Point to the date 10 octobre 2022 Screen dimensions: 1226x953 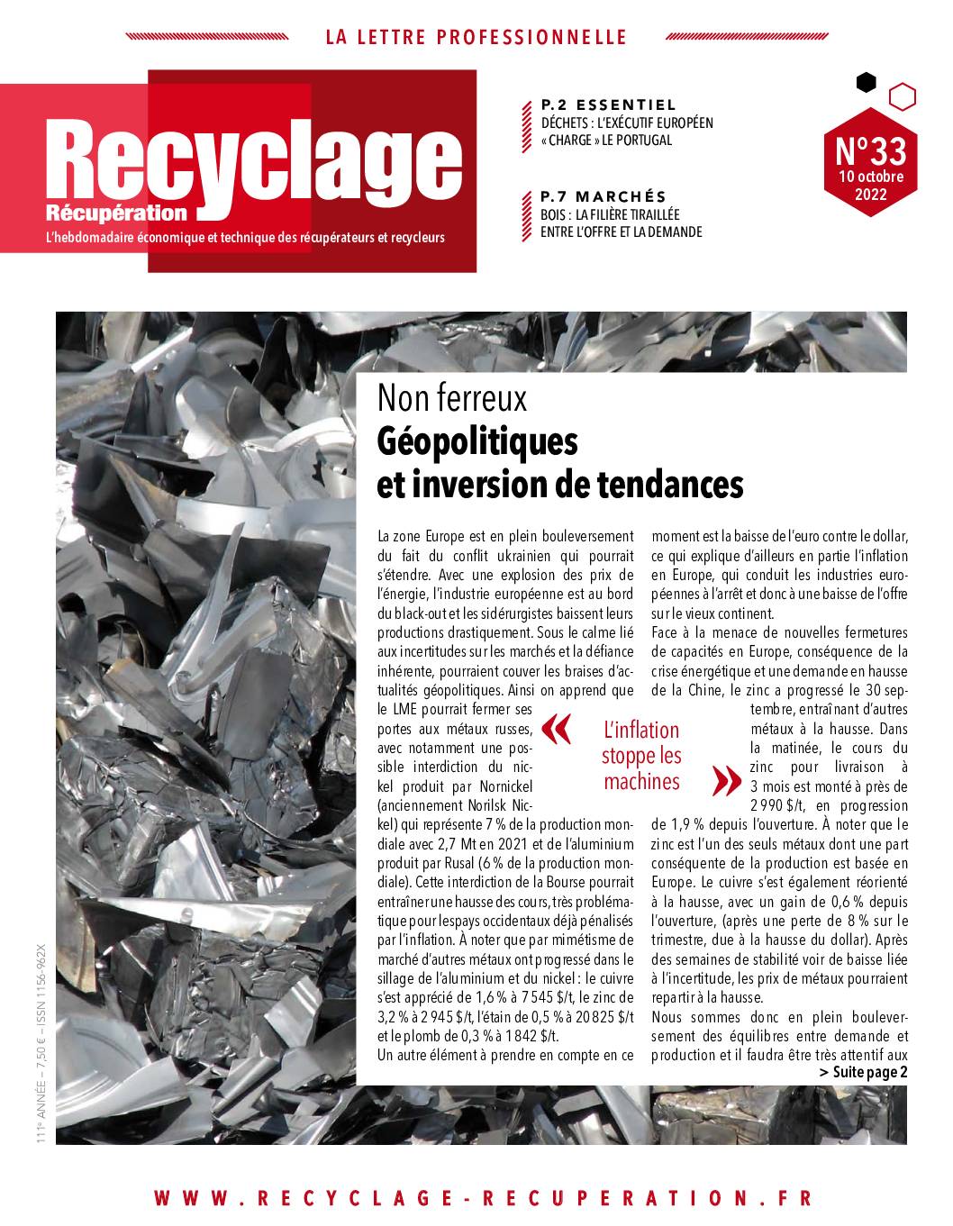coord(869,185)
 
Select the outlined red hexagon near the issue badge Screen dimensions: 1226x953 coord(903,95)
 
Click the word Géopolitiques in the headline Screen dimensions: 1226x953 coord(476,442)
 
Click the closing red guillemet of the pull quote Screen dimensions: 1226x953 coord(722,780)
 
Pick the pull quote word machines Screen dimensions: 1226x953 coord(641,781)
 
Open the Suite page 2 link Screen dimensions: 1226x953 coord(863,1072)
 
